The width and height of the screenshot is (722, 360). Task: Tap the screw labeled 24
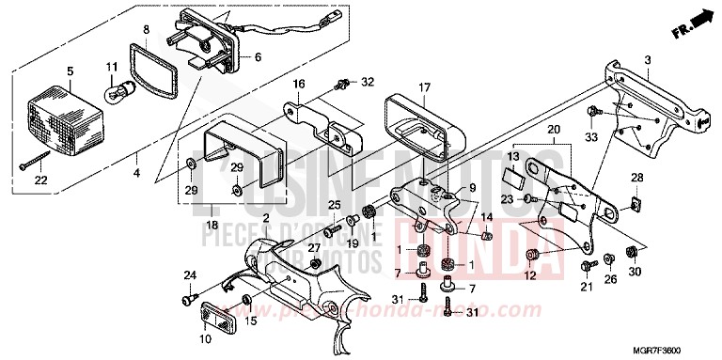(184, 300)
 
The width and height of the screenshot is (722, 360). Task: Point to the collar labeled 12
(532, 256)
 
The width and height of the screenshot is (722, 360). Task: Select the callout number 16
(298, 84)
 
